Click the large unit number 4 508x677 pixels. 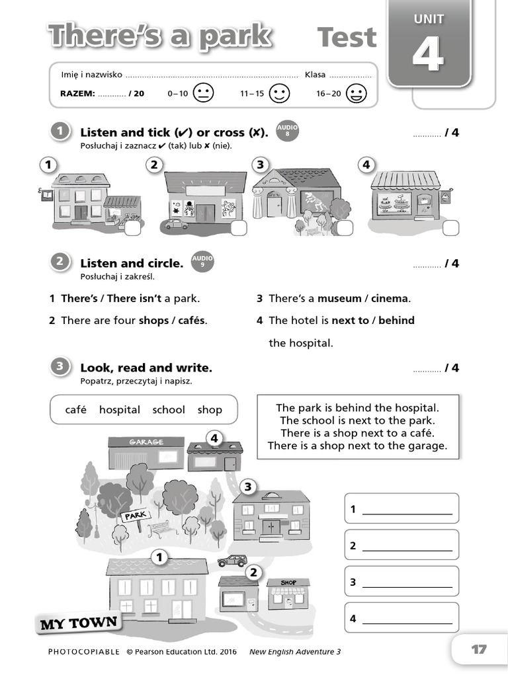pyautogui.click(x=428, y=54)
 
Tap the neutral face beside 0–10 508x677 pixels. pyautogui.click(x=203, y=93)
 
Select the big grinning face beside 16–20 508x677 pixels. pyautogui.click(x=357, y=93)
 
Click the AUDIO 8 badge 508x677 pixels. pyautogui.click(x=287, y=130)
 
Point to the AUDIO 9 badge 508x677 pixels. pyautogui.click(x=202, y=261)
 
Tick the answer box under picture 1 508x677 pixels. pyautogui.click(x=132, y=228)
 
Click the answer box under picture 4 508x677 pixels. pyautogui.click(x=450, y=228)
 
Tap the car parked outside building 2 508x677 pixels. pyautogui.click(x=176, y=224)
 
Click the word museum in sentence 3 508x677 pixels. pyautogui.click(x=339, y=298)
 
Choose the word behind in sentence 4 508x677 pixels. pyautogui.click(x=396, y=321)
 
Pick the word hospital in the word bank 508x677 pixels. pyautogui.click(x=120, y=410)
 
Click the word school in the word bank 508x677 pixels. pyautogui.click(x=169, y=410)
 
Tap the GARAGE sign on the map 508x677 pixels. pyautogui.click(x=146, y=442)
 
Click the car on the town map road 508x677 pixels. pyautogui.click(x=232, y=561)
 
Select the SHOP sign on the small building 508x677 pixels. pyautogui.click(x=288, y=582)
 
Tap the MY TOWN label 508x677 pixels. pyautogui.click(x=79, y=623)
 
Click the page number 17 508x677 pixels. pyautogui.click(x=479, y=649)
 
